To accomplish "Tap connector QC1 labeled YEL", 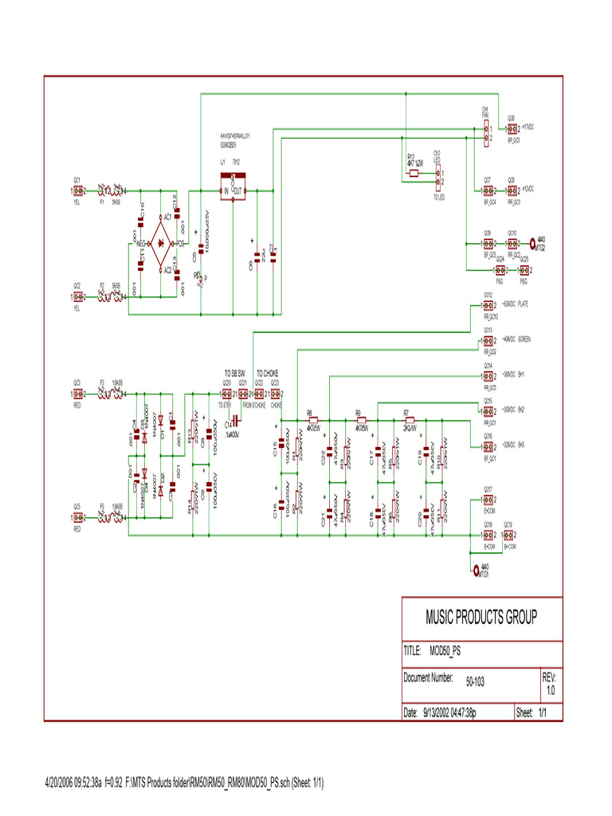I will click(x=78, y=191).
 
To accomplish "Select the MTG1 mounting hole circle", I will click(x=476, y=570).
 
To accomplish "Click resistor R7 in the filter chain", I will click(x=408, y=420).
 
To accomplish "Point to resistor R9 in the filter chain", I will click(x=360, y=420).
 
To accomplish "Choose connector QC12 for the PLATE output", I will click(x=488, y=304).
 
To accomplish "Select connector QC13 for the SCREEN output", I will click(x=488, y=340).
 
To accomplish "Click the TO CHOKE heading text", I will click(x=268, y=374).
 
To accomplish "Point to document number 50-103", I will click(x=477, y=681).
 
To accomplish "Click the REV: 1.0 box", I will click(x=550, y=681).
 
